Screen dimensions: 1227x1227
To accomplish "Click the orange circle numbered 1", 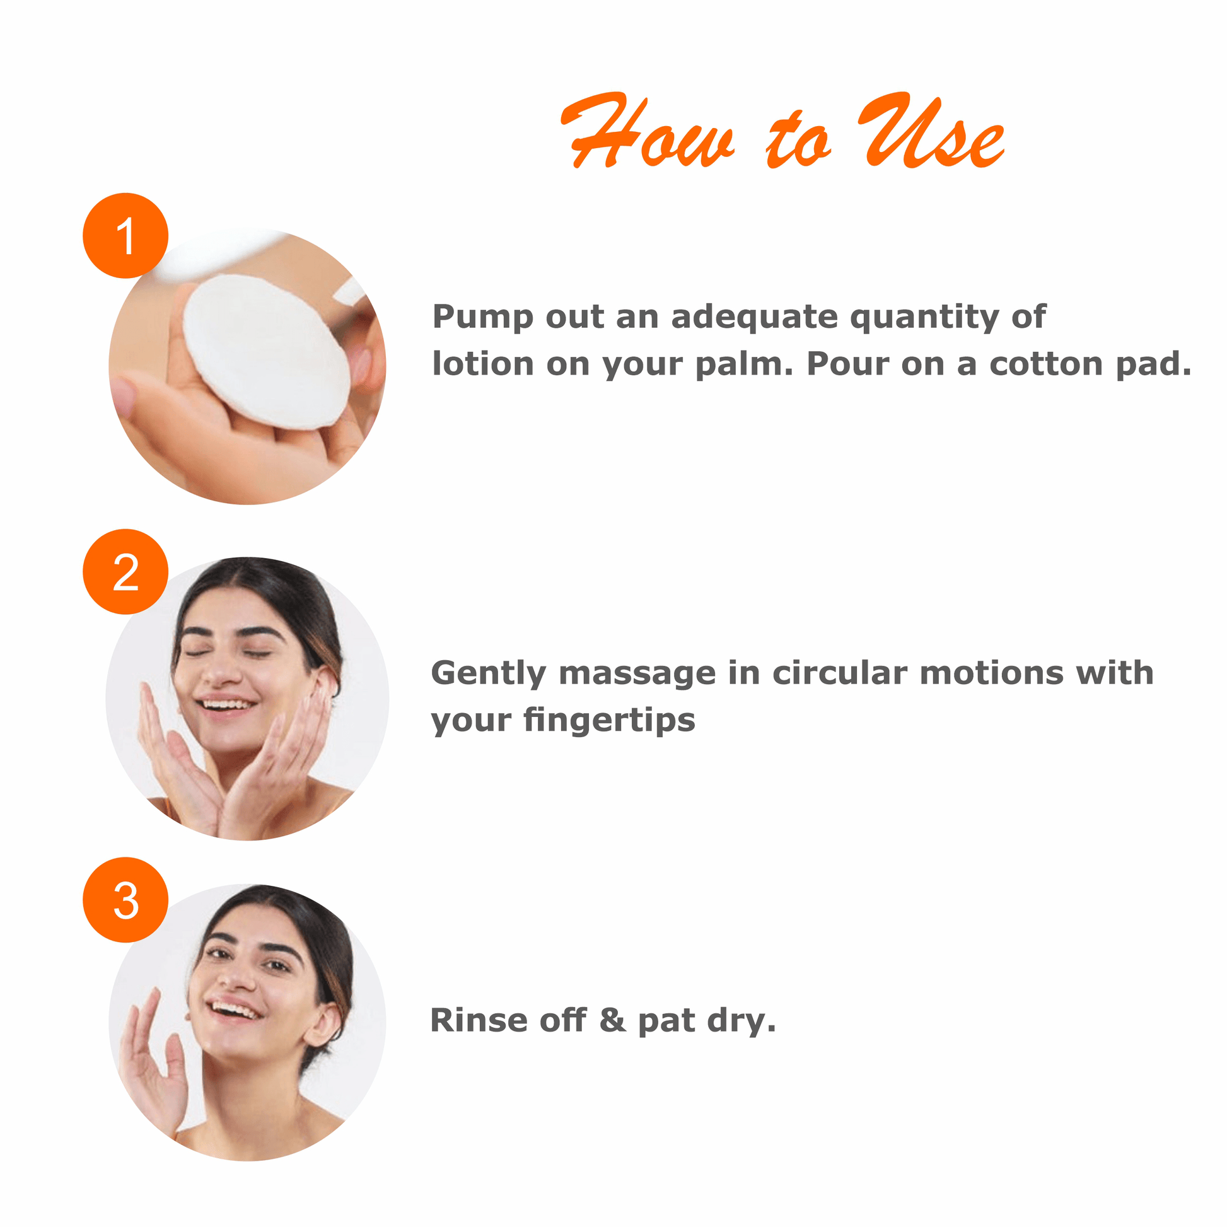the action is click(x=125, y=236).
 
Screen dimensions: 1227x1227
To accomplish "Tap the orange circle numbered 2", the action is click(x=125, y=572).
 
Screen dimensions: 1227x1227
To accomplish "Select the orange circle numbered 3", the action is click(x=125, y=900).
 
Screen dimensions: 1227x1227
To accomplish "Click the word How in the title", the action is click(x=648, y=131).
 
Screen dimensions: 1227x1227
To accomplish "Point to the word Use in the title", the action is click(x=931, y=131).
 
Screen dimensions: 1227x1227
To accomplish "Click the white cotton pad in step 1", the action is click(x=266, y=352).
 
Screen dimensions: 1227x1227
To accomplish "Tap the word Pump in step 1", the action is click(x=483, y=318).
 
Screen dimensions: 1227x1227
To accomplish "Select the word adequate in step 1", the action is click(x=755, y=318).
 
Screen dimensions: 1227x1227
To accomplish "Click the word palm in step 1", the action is click(x=744, y=364).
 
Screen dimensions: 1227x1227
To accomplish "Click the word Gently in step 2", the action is click(x=489, y=673).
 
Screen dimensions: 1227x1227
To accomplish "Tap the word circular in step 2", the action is click(x=840, y=673).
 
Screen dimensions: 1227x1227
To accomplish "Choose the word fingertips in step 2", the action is click(x=610, y=720).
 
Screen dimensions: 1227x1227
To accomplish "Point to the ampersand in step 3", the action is click(x=612, y=1021).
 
